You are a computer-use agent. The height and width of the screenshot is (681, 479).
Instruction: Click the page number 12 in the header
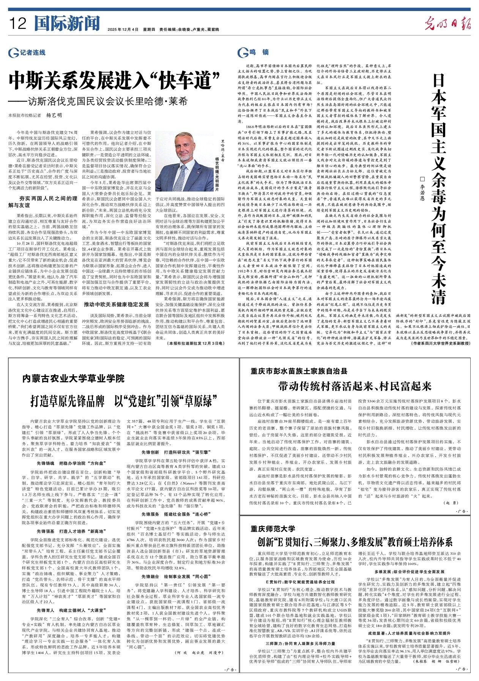click(x=17, y=24)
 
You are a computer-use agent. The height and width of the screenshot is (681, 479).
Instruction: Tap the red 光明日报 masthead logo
click(x=447, y=24)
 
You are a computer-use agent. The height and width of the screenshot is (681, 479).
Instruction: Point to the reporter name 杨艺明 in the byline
click(x=54, y=115)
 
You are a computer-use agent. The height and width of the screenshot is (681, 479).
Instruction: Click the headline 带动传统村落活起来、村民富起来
click(x=355, y=386)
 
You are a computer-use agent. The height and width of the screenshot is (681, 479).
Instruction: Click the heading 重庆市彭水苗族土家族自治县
click(x=299, y=371)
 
